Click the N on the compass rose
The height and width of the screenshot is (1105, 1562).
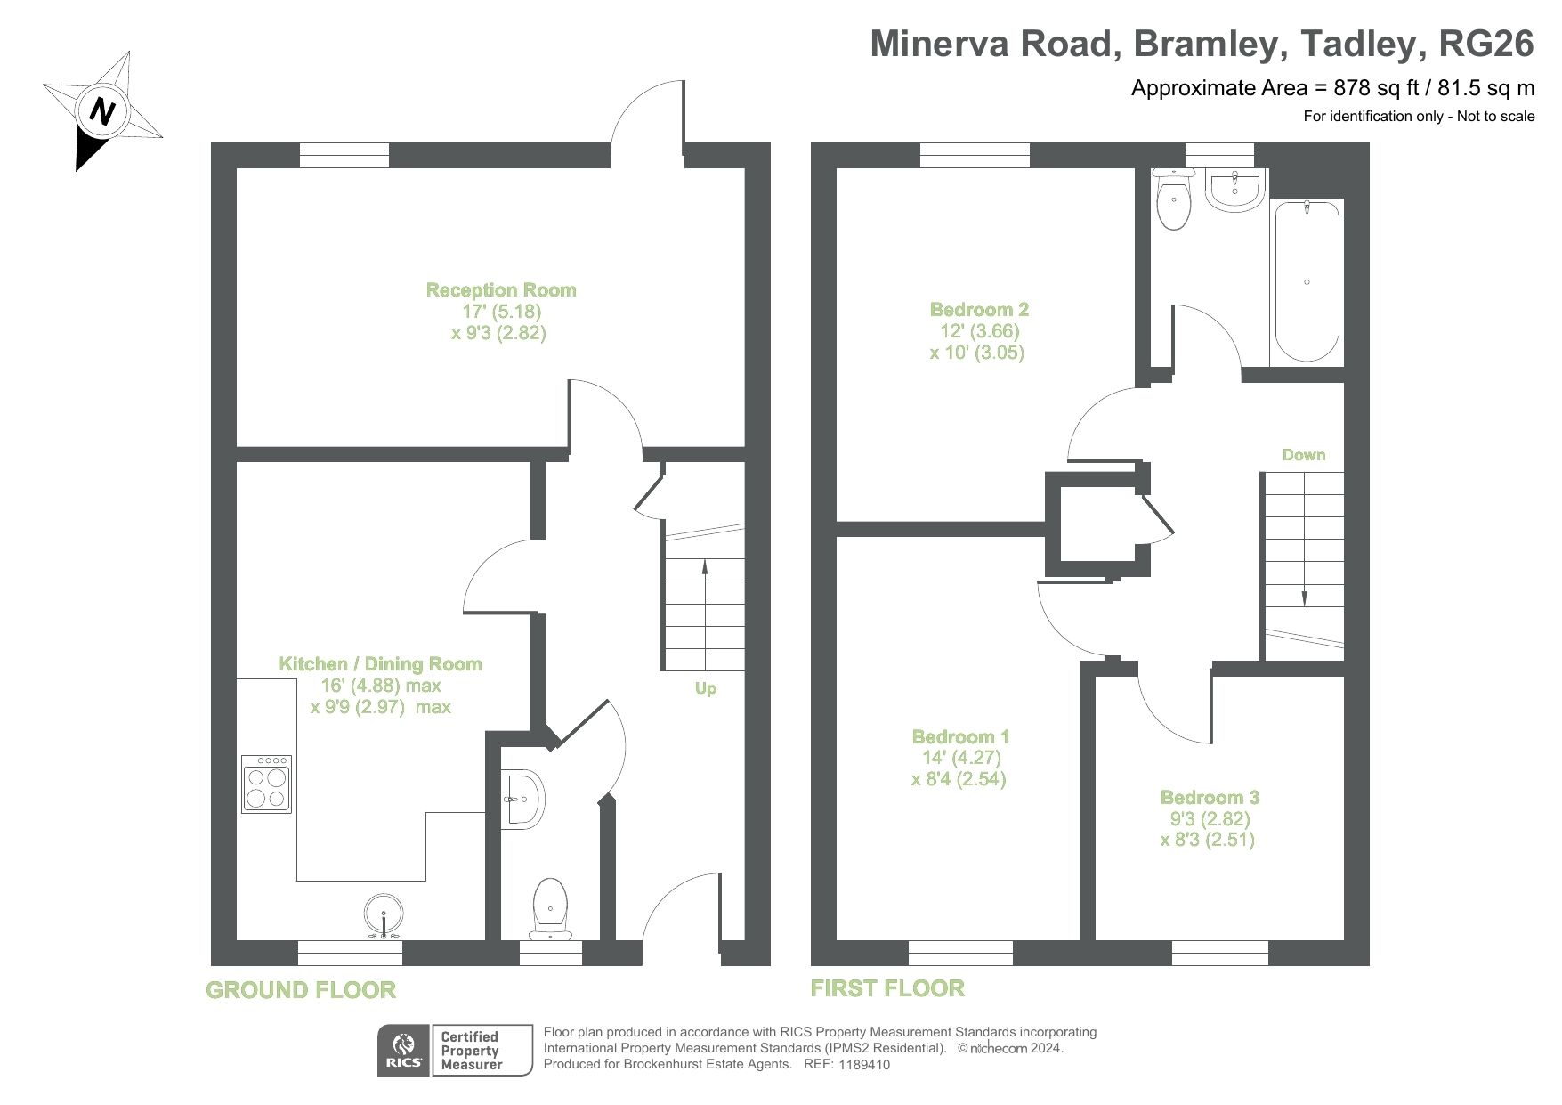(103, 112)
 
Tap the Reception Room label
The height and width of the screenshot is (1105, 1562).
(500, 290)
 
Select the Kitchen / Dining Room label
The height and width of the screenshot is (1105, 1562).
(380, 664)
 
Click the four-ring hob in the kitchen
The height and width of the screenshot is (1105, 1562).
(267, 784)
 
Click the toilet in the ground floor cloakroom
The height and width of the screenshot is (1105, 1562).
(549, 908)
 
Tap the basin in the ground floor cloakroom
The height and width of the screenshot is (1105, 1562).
(520, 799)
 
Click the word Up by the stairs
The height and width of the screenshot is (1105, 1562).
(705, 688)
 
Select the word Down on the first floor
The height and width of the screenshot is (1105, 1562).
(1303, 455)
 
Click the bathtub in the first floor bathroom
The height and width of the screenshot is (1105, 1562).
(1306, 280)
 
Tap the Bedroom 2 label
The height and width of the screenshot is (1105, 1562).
(979, 310)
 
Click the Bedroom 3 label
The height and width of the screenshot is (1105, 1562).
(1210, 798)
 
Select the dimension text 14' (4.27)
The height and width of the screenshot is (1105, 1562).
(961, 759)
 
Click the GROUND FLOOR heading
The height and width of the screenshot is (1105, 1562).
(301, 990)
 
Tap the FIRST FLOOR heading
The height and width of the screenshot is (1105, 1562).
(887, 988)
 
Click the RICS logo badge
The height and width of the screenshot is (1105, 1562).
(403, 1051)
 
